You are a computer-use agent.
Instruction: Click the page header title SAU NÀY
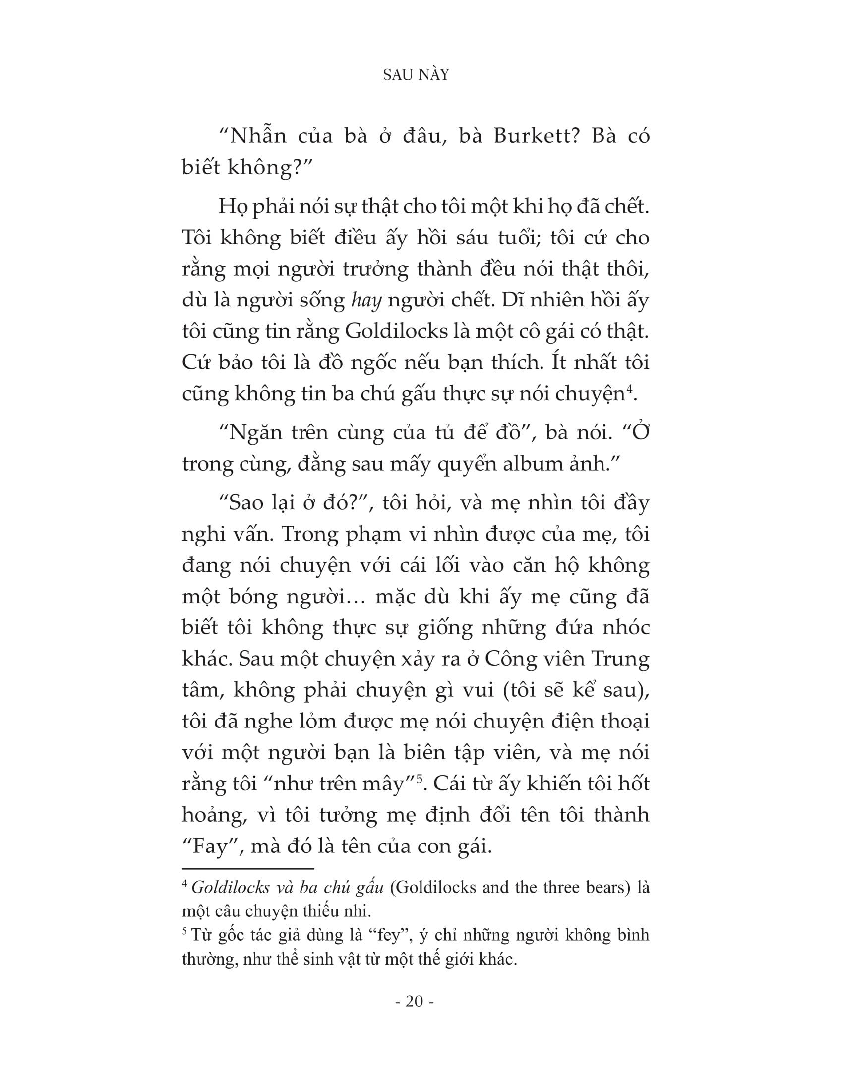click(x=416, y=75)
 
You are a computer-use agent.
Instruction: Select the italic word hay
click(x=366, y=301)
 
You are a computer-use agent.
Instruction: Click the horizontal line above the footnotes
click(x=248, y=869)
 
